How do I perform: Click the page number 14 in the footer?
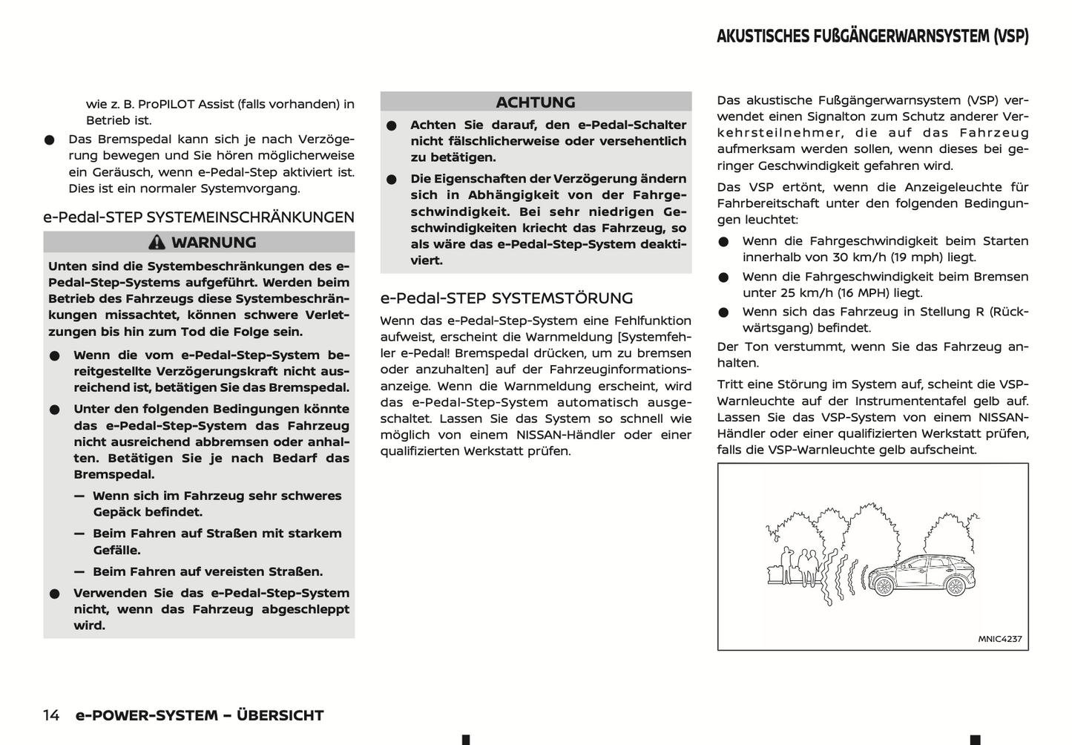pos(51,715)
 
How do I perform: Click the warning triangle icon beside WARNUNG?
pos(157,243)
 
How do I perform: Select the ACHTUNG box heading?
pos(536,102)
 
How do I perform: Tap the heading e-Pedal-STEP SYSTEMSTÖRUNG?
pos(507,298)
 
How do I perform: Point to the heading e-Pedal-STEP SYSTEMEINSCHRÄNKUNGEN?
pos(199,217)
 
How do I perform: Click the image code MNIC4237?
pos(999,639)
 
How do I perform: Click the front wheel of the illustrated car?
pos(884,585)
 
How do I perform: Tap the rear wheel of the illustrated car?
pos(954,585)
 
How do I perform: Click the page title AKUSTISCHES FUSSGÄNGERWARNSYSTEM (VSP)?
pos(872,36)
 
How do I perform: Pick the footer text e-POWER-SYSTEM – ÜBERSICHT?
pos(200,715)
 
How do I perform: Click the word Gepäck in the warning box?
pos(118,512)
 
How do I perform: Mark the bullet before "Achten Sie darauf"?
pos(392,126)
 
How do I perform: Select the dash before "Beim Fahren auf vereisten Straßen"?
pos(79,571)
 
